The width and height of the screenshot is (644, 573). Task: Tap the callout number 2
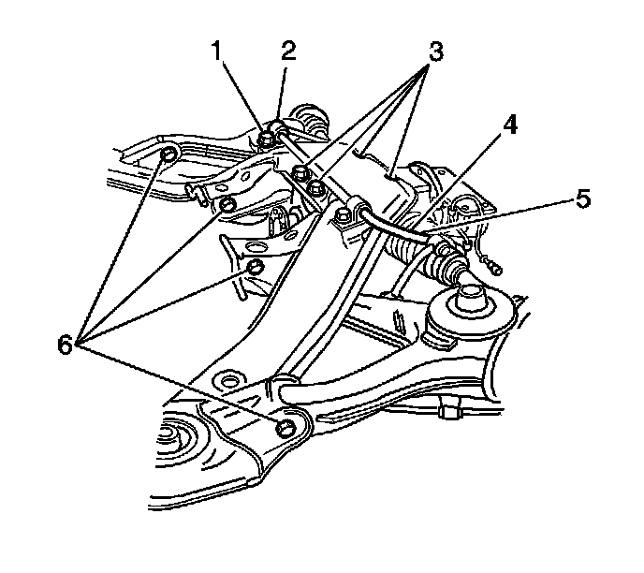[x=287, y=51]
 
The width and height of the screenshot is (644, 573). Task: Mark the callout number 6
[x=66, y=345]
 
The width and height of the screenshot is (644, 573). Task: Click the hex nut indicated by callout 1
[x=267, y=139]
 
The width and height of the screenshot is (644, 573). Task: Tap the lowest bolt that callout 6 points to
[x=286, y=428]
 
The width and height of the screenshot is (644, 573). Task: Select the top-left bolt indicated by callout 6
[x=169, y=154]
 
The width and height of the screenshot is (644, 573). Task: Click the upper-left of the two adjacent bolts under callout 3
[x=300, y=172]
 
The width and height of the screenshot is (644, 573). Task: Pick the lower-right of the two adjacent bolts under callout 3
[x=318, y=190]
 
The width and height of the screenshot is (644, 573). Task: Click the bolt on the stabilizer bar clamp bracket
[x=342, y=218]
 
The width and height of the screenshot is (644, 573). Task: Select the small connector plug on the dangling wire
[x=492, y=269]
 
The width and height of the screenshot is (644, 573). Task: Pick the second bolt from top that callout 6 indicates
[x=226, y=205]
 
